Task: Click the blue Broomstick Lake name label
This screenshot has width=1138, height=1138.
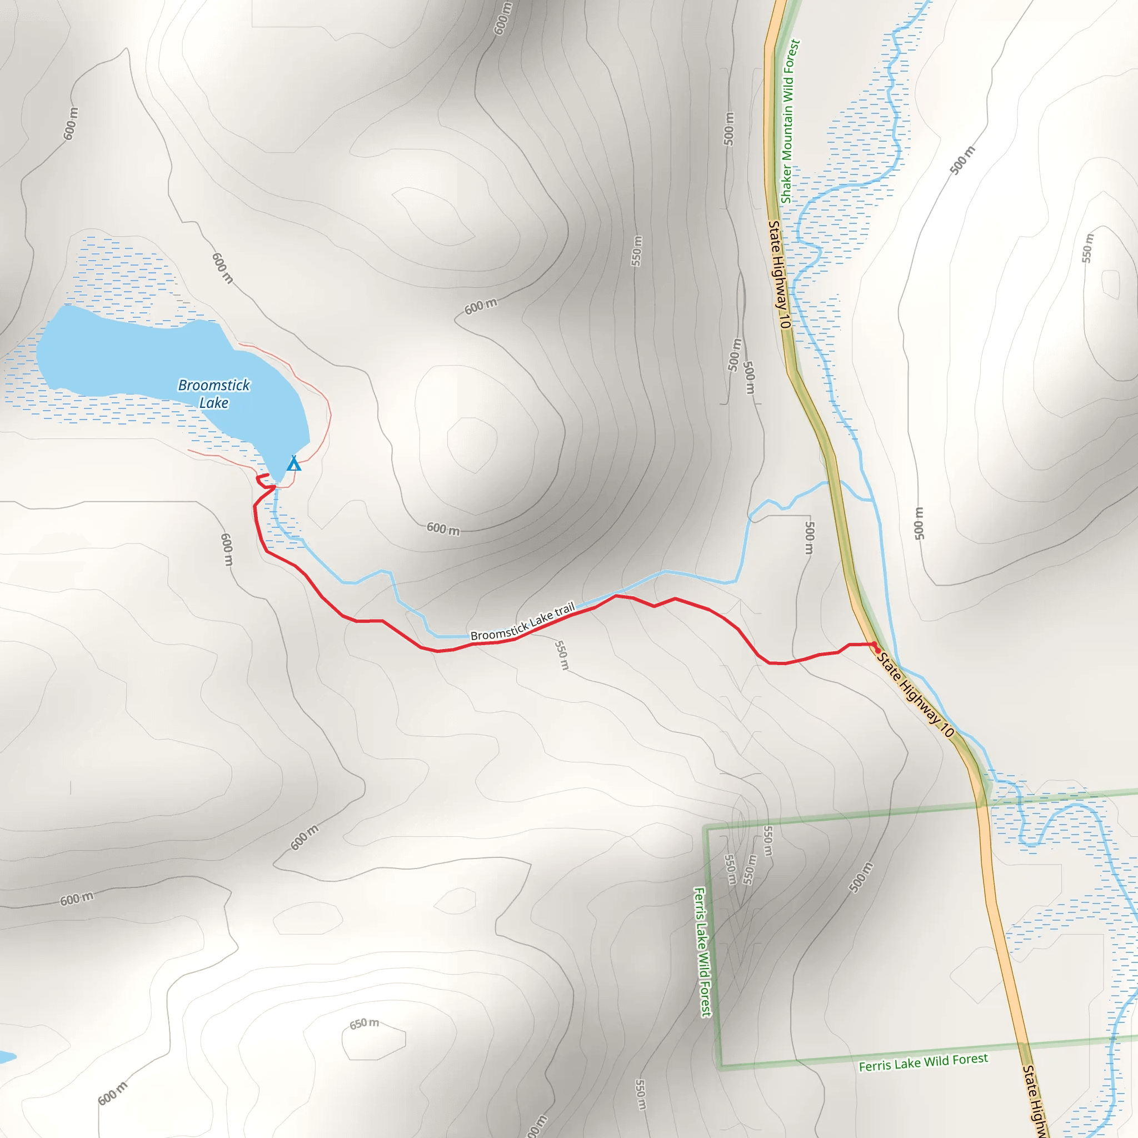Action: [214, 393]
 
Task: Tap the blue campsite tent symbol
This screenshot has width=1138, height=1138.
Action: [294, 464]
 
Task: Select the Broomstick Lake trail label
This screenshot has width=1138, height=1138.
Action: [522, 622]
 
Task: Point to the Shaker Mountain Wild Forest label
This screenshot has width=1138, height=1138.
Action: [790, 121]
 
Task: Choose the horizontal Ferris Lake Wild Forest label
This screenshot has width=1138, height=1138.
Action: [923, 1062]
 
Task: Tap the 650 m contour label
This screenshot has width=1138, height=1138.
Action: [364, 1024]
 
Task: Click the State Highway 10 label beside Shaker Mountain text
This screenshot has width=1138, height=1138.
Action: [779, 274]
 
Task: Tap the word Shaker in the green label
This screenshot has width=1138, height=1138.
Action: [786, 183]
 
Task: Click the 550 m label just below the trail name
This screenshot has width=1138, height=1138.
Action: [562, 655]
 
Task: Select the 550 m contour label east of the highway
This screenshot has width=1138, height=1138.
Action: [1087, 248]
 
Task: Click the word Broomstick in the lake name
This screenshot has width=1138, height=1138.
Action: [214, 385]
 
